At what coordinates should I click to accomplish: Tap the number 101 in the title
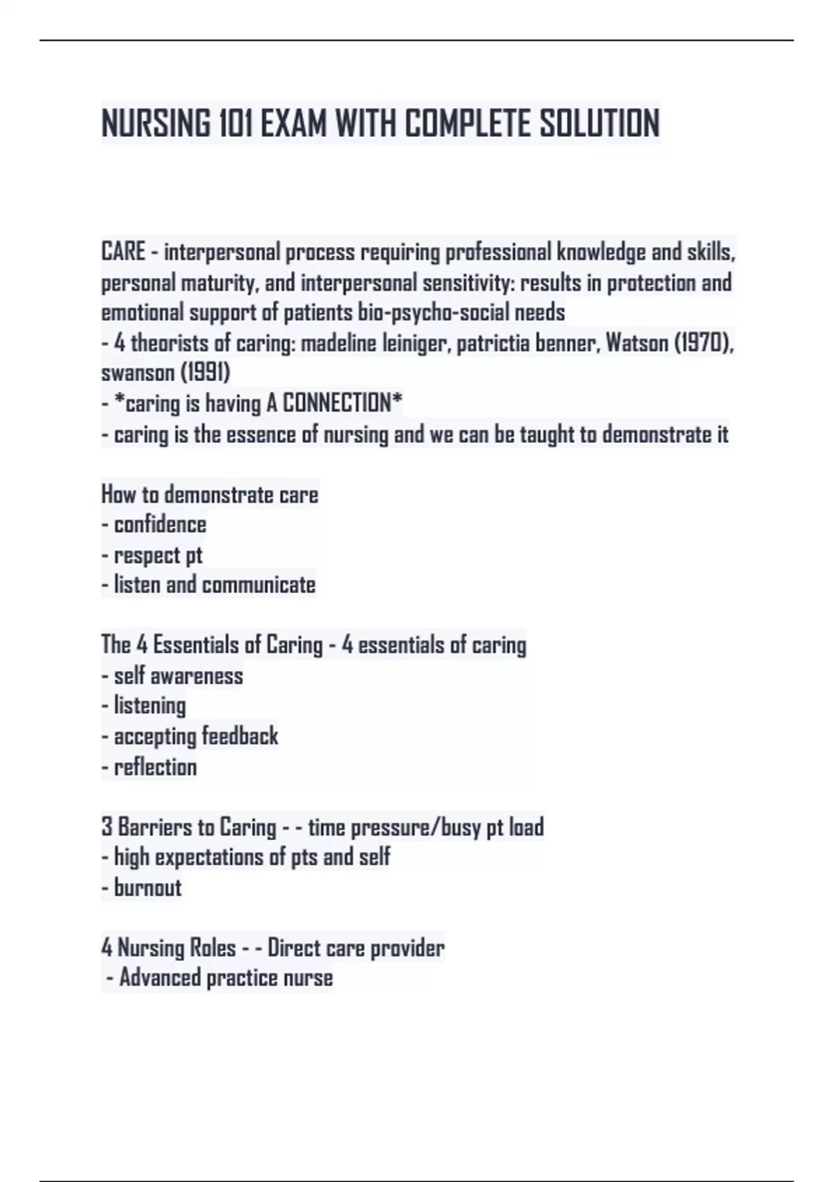(x=235, y=124)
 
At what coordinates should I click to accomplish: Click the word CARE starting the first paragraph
(x=124, y=252)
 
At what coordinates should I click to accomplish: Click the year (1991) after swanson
(x=205, y=373)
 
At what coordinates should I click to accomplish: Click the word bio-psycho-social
(x=433, y=313)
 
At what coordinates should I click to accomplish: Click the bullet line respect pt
(x=158, y=556)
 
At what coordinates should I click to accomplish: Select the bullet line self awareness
(x=178, y=676)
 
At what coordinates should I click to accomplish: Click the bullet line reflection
(x=155, y=767)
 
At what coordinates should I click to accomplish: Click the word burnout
(x=147, y=888)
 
